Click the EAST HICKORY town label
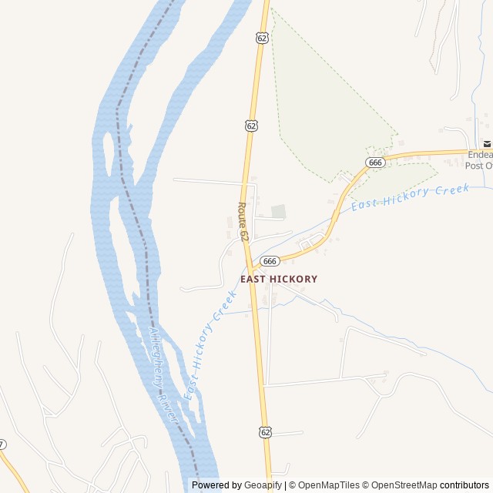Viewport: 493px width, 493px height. coord(278,279)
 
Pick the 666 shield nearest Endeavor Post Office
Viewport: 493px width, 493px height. coord(375,163)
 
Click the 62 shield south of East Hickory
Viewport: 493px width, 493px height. coord(266,432)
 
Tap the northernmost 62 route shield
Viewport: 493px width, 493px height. coord(263,38)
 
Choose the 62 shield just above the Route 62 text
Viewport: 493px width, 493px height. coord(252,125)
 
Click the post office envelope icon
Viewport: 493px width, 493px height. coord(487,144)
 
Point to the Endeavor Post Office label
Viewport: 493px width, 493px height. coord(480,159)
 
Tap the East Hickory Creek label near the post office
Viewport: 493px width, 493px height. coord(410,198)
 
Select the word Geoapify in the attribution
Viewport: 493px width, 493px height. coord(263,485)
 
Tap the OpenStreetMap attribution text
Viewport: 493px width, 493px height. coord(404,485)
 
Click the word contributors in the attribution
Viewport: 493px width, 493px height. coord(464,485)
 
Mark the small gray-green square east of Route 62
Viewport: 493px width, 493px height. coord(278,211)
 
